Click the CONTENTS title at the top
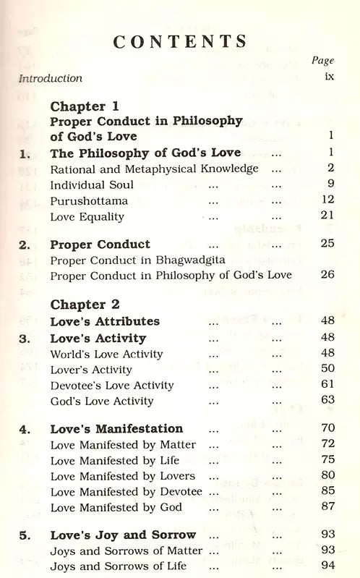tap(180, 41)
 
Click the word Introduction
tap(51, 78)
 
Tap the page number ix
tap(328, 78)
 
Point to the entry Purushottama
tap(84, 200)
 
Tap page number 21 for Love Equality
tap(327, 216)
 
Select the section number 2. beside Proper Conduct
tap(26, 244)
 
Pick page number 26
tap(327, 275)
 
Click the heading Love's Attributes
tap(105, 321)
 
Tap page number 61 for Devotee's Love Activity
tap(327, 386)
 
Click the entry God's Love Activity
tap(102, 401)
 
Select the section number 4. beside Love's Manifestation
tap(26, 428)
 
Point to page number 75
tap(327, 460)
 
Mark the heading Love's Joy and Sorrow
tap(123, 535)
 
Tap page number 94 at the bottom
tap(327, 566)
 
